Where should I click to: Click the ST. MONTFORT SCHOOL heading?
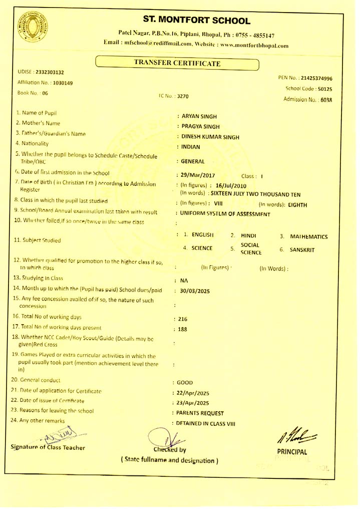196,21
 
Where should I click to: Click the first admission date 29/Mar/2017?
198,175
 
